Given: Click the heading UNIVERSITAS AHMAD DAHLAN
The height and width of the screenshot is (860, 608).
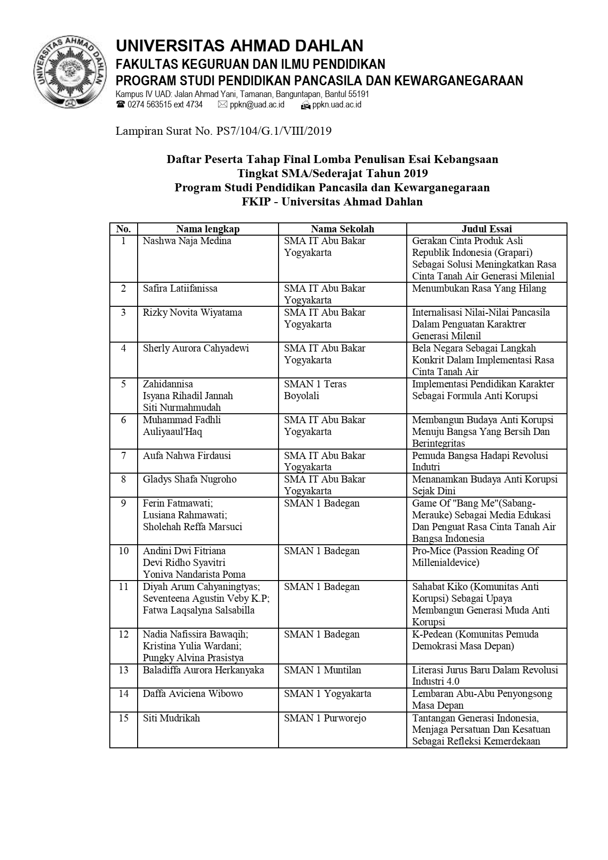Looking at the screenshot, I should tap(239, 46).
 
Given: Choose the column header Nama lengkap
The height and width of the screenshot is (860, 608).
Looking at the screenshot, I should tap(208, 229).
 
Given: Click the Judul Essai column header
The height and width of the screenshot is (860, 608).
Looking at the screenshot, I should tap(486, 229).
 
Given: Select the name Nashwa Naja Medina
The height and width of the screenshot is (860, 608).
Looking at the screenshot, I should tap(187, 241).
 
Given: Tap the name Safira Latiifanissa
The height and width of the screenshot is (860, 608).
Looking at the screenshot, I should tap(180, 288).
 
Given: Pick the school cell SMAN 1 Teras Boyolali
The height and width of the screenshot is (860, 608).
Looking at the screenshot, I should tap(315, 390).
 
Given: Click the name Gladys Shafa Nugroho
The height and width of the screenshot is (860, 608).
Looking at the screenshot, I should tap(189, 479).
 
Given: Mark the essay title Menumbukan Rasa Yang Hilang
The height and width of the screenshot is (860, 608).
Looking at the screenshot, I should tap(479, 288).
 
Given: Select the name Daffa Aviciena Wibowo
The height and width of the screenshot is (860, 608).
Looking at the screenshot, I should tap(193, 694).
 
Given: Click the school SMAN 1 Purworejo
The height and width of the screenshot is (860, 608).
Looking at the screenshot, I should tap(325, 718).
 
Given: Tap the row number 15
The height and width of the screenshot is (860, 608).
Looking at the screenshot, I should tap(123, 718).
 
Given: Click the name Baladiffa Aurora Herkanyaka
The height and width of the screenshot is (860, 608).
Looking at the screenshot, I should tap(203, 670).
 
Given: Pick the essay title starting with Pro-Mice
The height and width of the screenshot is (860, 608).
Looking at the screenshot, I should tap(475, 557).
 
